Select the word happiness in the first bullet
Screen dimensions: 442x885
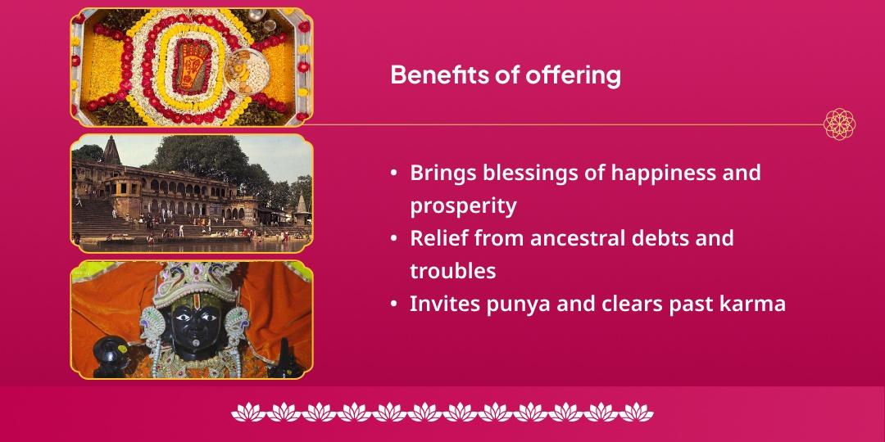638,173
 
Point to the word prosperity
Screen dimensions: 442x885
463,205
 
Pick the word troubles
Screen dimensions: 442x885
453,271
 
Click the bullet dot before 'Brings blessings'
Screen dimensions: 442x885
394,174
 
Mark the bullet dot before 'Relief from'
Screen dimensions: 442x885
394,239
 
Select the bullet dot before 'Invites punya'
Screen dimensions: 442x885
394,304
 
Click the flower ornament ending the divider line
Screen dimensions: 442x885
839,124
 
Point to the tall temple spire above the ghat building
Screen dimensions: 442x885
111,150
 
